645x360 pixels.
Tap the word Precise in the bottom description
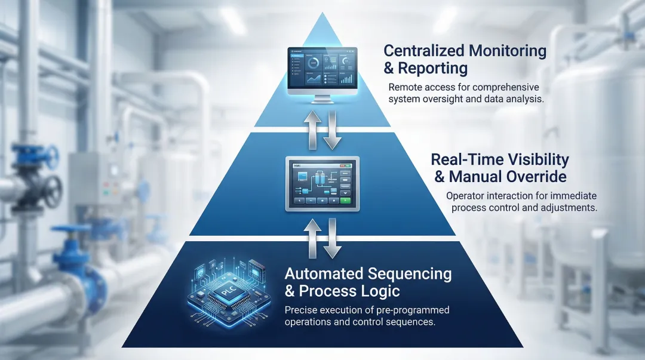(303, 310)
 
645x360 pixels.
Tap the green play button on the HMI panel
(346, 201)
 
